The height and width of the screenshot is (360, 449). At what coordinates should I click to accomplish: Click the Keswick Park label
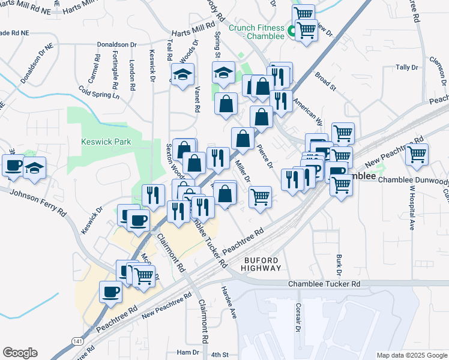click(x=106, y=142)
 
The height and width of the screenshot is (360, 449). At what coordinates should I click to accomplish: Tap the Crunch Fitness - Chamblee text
click(x=256, y=32)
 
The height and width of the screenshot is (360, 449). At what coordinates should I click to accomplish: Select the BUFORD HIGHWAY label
click(x=262, y=264)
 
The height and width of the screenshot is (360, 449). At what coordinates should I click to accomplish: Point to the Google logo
click(x=20, y=353)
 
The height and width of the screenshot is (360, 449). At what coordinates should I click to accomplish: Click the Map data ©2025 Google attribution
click(x=411, y=355)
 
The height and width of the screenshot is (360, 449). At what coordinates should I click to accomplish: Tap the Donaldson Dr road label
click(x=118, y=44)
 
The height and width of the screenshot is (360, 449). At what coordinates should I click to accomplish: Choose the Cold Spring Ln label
click(x=99, y=91)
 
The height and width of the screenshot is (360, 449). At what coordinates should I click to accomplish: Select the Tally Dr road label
click(x=406, y=68)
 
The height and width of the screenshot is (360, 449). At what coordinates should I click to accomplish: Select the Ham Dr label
click(x=188, y=352)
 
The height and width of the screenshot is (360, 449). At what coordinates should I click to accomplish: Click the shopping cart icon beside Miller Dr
click(x=260, y=196)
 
